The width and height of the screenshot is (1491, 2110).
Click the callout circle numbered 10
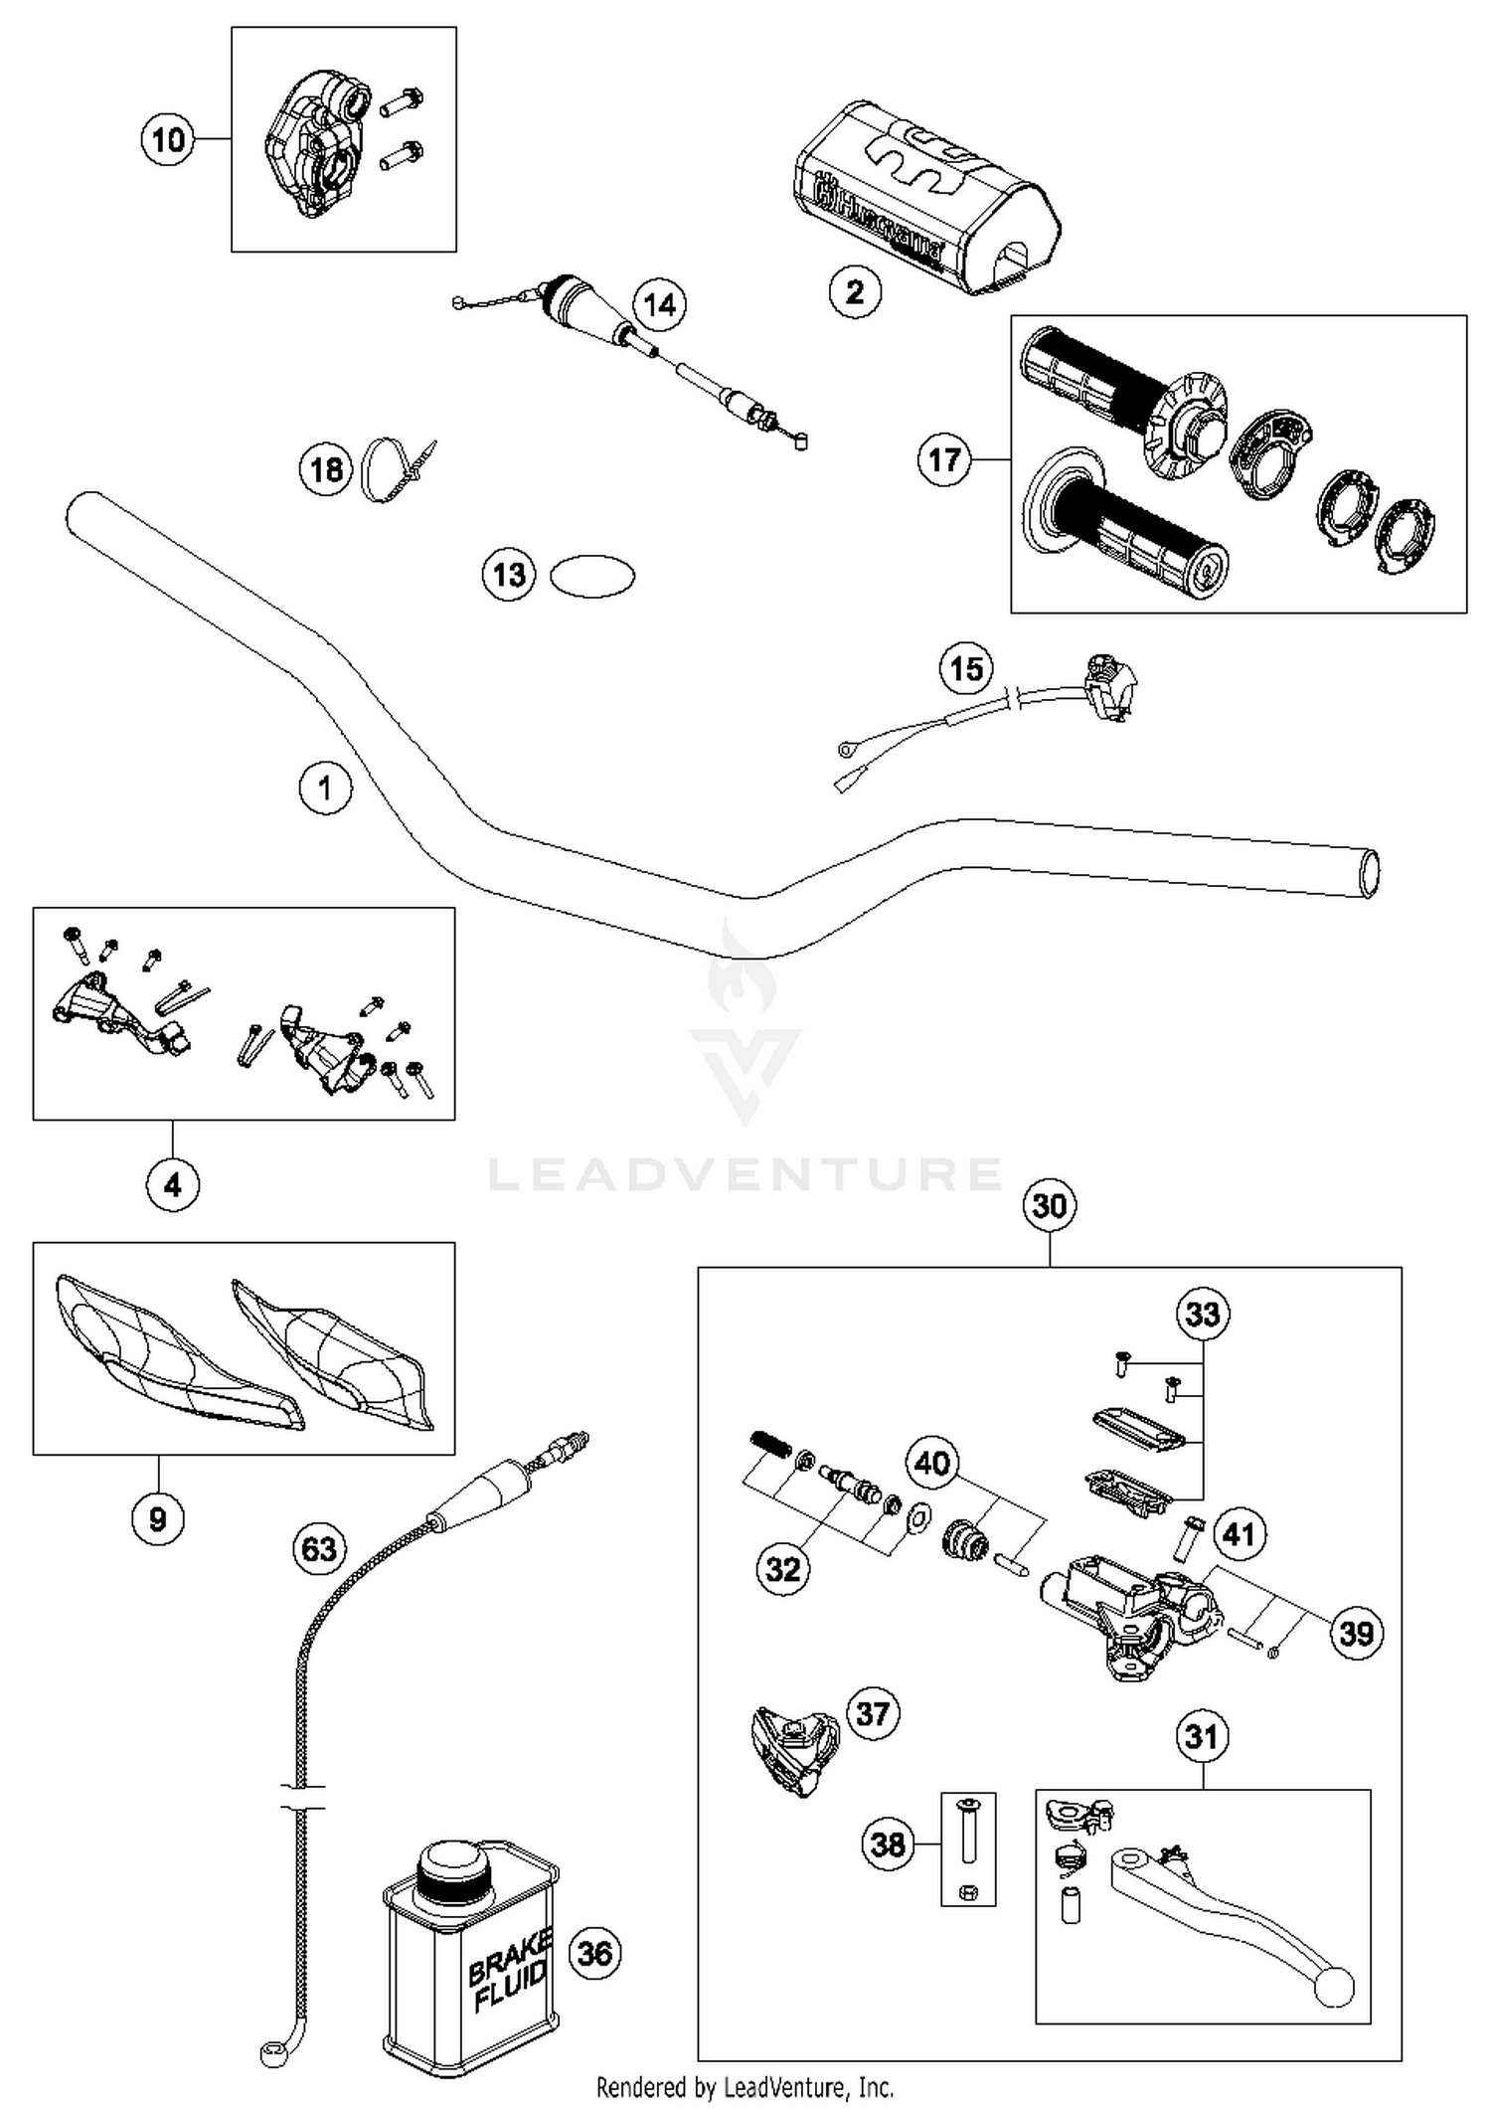pos(168,139)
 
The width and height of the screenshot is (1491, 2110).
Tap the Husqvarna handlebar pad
pos(924,199)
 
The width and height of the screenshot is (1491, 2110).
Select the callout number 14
pos(660,304)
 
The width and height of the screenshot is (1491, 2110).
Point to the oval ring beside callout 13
pos(592,576)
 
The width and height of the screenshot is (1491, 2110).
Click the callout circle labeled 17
pos(944,459)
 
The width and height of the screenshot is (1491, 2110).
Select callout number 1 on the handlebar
pos(325,789)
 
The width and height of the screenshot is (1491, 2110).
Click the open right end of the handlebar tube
pos(1369,875)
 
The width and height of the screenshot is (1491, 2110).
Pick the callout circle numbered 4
pos(173,1185)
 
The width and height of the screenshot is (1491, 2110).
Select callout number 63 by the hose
pos(319,1549)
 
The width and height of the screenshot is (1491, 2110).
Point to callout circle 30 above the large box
pos(1050,1206)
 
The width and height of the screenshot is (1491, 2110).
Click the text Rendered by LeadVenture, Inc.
pos(745,2086)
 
